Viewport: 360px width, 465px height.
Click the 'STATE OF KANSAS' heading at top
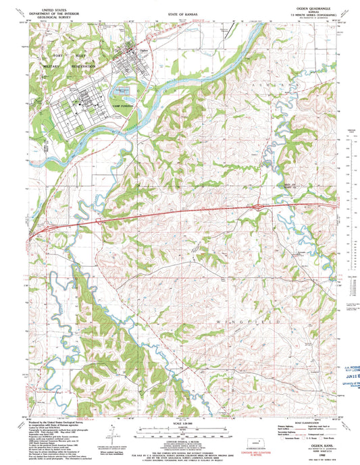point(179,13)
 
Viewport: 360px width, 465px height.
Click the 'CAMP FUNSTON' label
point(124,107)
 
